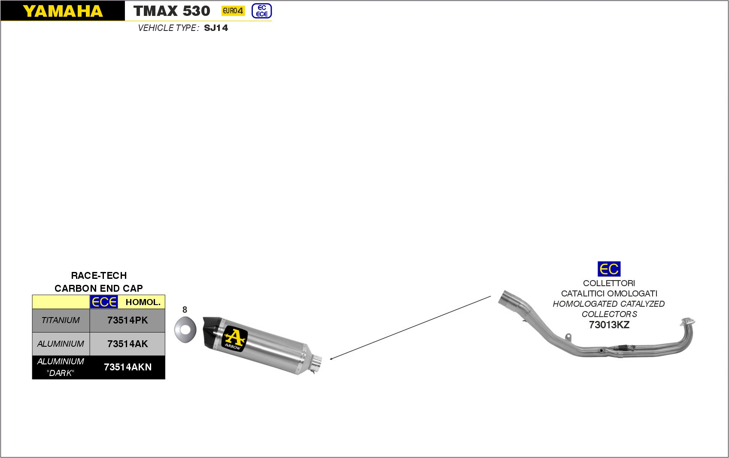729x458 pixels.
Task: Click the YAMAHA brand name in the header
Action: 63,11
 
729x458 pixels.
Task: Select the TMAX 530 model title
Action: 172,11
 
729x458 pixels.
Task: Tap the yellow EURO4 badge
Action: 233,11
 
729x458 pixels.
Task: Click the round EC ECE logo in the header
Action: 261,11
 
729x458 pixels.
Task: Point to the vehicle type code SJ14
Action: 216,28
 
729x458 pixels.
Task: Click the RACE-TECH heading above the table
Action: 99,275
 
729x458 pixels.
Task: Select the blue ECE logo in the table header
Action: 104,302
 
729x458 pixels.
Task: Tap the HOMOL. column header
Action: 143,302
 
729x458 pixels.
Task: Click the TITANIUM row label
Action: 61,320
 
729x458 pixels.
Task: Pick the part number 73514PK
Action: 128,320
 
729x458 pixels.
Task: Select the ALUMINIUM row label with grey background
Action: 61,344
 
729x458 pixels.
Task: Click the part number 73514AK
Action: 128,344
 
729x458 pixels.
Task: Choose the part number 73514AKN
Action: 128,367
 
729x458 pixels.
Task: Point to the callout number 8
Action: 185,309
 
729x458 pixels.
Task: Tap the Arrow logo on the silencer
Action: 234,339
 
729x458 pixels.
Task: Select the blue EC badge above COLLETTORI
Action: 609,269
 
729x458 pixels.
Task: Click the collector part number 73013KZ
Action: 609,325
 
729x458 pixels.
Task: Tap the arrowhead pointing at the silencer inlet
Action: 331,358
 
